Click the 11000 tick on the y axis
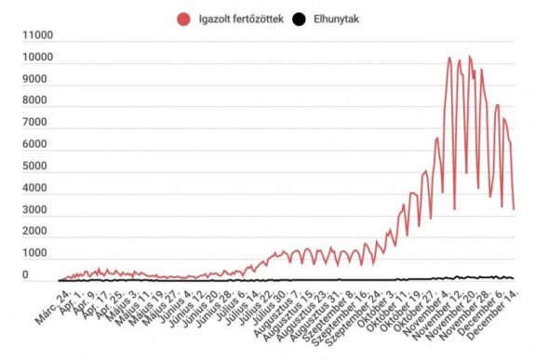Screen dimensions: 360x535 pyautogui.click(x=36, y=36)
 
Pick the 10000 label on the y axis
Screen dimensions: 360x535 pyautogui.click(x=36, y=58)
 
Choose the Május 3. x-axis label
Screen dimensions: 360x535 pyautogui.click(x=123, y=301)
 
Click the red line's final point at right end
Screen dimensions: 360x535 pyautogui.click(x=514, y=209)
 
